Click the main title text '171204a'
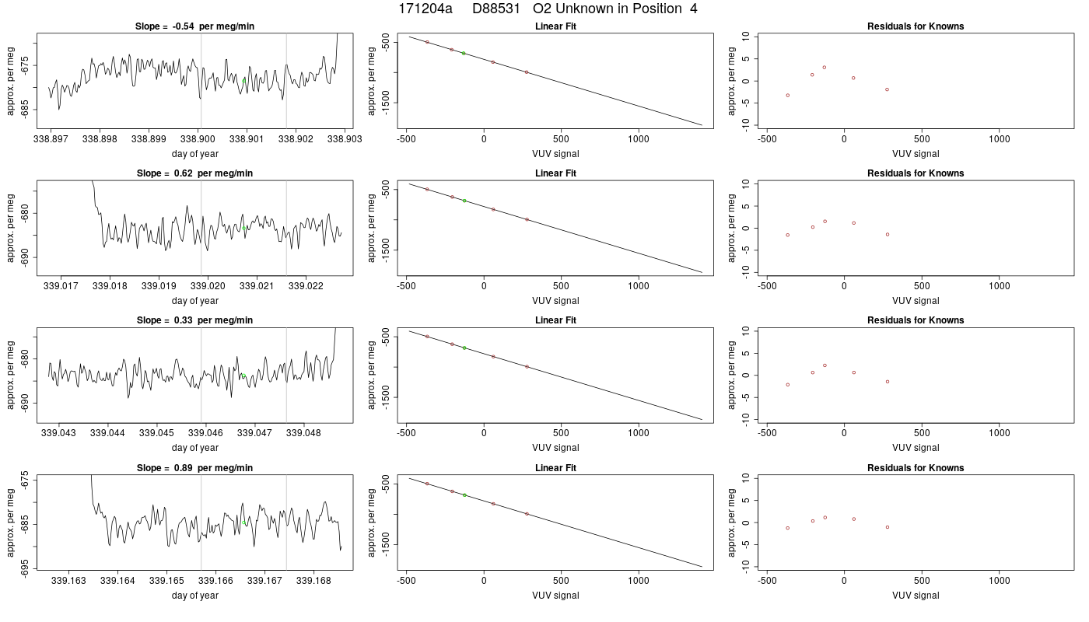tap(425, 9)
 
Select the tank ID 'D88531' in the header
tap(496, 9)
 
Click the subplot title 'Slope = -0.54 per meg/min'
tap(194, 26)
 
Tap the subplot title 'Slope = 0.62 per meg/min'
tap(194, 173)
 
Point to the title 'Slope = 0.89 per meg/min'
tap(194, 467)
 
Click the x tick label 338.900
tap(198, 139)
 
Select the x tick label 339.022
tap(305, 286)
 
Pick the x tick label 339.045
tap(156, 432)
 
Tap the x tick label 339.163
tap(68, 580)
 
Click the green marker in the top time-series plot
tap(244, 80)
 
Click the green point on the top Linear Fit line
tap(464, 53)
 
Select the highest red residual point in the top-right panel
tap(825, 67)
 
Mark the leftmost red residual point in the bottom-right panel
tap(787, 528)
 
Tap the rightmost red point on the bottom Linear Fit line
tap(527, 514)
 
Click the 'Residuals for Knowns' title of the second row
tap(916, 173)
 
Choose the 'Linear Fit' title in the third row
tap(555, 320)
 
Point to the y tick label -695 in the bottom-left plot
tap(25, 568)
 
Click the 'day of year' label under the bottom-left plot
tap(195, 595)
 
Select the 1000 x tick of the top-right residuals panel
tap(999, 139)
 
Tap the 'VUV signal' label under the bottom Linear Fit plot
tap(555, 595)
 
